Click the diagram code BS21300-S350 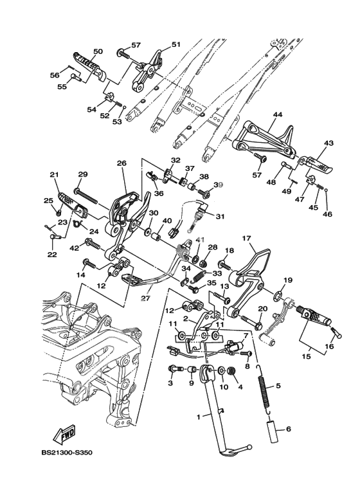point(67,453)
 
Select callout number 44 point(276,114)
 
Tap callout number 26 point(122,163)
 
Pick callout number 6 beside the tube point(288,429)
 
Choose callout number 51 point(175,44)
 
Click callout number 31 point(220,217)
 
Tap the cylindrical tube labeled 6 point(274,430)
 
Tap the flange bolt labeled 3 point(174,369)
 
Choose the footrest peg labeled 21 point(71,206)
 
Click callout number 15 point(307,357)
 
